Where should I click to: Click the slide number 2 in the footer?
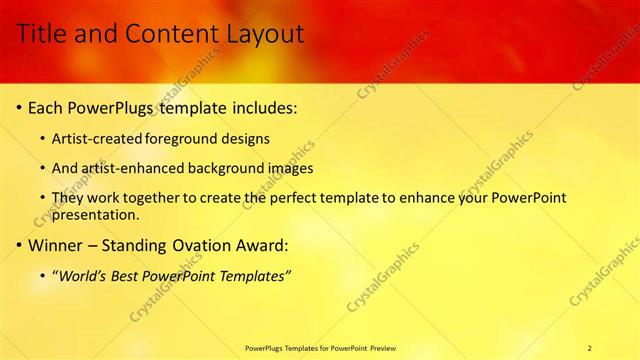pos(589,347)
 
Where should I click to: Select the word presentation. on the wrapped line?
pos(96,214)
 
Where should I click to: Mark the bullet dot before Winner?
pos(18,244)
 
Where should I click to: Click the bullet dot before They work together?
pos(42,198)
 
